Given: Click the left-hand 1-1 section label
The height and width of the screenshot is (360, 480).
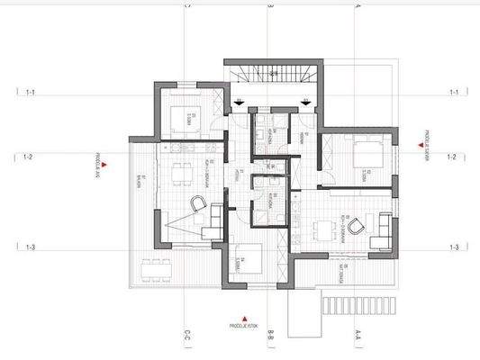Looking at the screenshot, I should click(x=31, y=92).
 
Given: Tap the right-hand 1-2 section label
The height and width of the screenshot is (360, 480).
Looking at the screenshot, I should click(x=453, y=157).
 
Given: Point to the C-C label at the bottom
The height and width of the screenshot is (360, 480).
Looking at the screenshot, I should click(x=186, y=337).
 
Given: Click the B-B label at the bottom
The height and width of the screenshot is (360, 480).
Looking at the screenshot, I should click(x=270, y=337).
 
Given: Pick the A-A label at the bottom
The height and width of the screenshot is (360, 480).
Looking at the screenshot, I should click(x=357, y=337).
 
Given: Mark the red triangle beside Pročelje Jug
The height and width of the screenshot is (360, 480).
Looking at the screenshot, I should click(x=105, y=164).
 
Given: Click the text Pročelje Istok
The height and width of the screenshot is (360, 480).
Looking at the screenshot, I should click(x=245, y=326).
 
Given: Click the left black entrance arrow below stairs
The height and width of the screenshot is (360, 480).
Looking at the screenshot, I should click(x=239, y=102).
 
